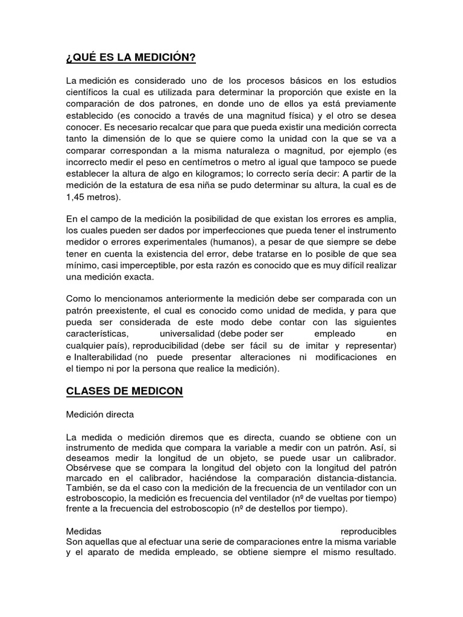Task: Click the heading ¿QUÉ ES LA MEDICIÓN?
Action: (130, 58)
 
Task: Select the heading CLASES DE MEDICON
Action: (124, 392)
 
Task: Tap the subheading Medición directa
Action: (100, 415)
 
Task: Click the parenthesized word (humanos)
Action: (213, 240)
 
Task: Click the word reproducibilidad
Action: (163, 345)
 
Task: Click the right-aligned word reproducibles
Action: (368, 532)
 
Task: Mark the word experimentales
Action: (142, 240)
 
